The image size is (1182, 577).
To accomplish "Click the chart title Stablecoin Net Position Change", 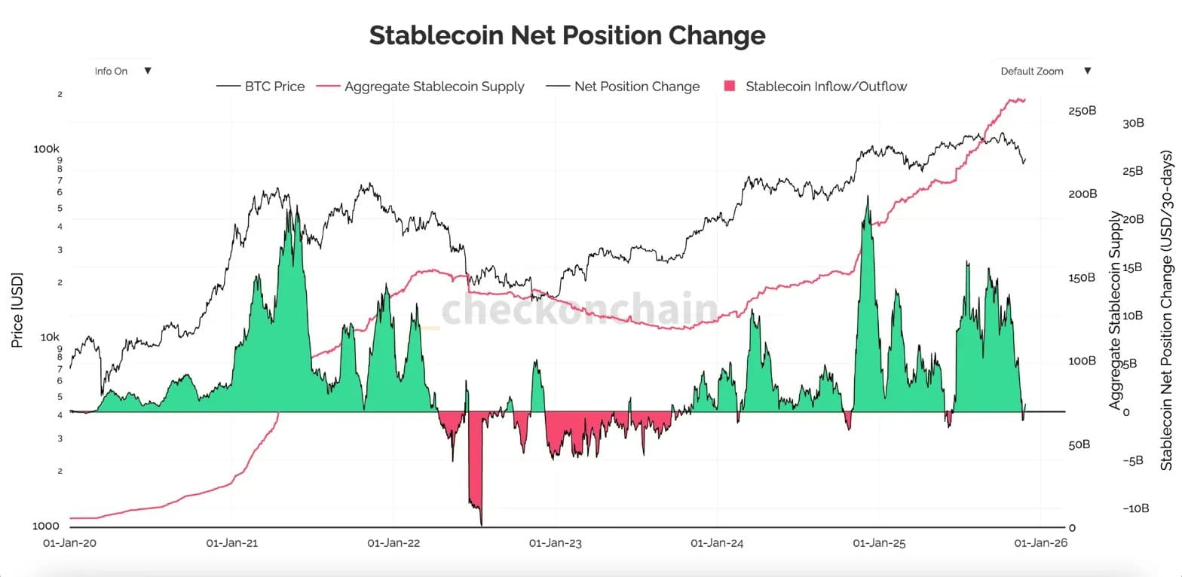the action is pyautogui.click(x=567, y=35).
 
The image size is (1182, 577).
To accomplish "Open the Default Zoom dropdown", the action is pyautogui.click(x=1046, y=71).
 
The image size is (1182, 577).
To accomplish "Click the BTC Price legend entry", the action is pyautogui.click(x=261, y=86).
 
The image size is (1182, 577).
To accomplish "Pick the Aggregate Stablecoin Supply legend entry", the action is pyautogui.click(x=421, y=87).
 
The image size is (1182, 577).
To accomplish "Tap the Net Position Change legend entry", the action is pyautogui.click(x=623, y=86).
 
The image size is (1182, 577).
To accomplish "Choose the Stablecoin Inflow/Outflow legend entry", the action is pyautogui.click(x=816, y=86).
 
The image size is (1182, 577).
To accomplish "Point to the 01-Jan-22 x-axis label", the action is pyautogui.click(x=393, y=542).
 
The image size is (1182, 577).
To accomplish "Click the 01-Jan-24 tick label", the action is pyautogui.click(x=717, y=542).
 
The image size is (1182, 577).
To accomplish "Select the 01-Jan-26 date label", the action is pyautogui.click(x=1040, y=542).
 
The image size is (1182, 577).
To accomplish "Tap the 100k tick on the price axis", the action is pyautogui.click(x=47, y=148).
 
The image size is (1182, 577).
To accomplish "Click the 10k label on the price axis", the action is pyautogui.click(x=50, y=337).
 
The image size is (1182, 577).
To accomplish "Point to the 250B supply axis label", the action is pyautogui.click(x=1082, y=110).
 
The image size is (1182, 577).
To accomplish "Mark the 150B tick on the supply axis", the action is pyautogui.click(x=1082, y=277).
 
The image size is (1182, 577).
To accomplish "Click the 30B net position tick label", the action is pyautogui.click(x=1134, y=123).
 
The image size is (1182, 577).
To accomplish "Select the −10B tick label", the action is pyautogui.click(x=1135, y=508).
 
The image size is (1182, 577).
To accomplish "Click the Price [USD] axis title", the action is pyautogui.click(x=17, y=310).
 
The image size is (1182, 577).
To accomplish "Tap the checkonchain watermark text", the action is pyautogui.click(x=580, y=309).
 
